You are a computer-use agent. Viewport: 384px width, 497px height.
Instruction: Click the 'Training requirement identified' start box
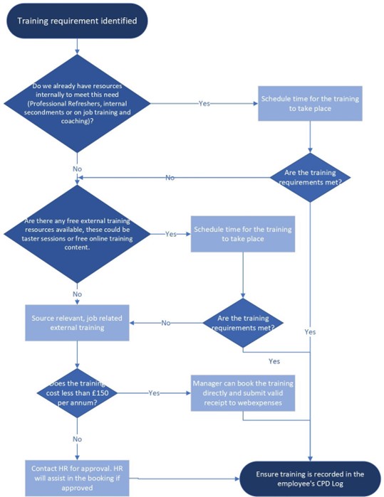coord(77,21)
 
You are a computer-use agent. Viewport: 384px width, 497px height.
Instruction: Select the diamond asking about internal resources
coord(77,103)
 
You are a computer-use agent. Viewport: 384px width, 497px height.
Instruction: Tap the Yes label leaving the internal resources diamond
coord(204,103)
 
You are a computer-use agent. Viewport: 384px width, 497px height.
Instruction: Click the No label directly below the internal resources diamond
coord(77,169)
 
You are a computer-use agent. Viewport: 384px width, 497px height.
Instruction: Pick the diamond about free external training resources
coord(77,234)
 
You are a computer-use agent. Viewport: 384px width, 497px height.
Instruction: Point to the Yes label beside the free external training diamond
coord(170,234)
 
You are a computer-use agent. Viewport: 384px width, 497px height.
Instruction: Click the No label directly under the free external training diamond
coord(77,294)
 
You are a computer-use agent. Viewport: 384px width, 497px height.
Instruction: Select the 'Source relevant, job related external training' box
coord(77,323)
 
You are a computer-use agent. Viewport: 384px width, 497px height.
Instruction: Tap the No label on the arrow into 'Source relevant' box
coord(166,323)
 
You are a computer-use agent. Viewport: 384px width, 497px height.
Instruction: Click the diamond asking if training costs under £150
coord(77,393)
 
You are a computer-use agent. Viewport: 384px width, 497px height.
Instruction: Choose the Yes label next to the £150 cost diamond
coord(154,393)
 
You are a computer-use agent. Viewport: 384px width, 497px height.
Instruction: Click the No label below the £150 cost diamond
coord(77,439)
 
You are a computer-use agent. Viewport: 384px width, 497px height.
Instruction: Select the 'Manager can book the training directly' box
coord(243,393)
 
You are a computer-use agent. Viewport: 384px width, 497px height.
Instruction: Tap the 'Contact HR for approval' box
coord(77,478)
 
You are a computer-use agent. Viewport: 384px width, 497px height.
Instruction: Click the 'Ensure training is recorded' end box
coord(310,479)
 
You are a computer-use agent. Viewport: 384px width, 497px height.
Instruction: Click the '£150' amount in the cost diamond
coord(100,393)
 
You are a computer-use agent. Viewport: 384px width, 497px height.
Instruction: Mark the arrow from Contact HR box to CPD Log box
coord(185,479)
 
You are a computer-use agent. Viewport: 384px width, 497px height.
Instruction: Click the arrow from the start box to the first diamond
coord(77,47)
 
